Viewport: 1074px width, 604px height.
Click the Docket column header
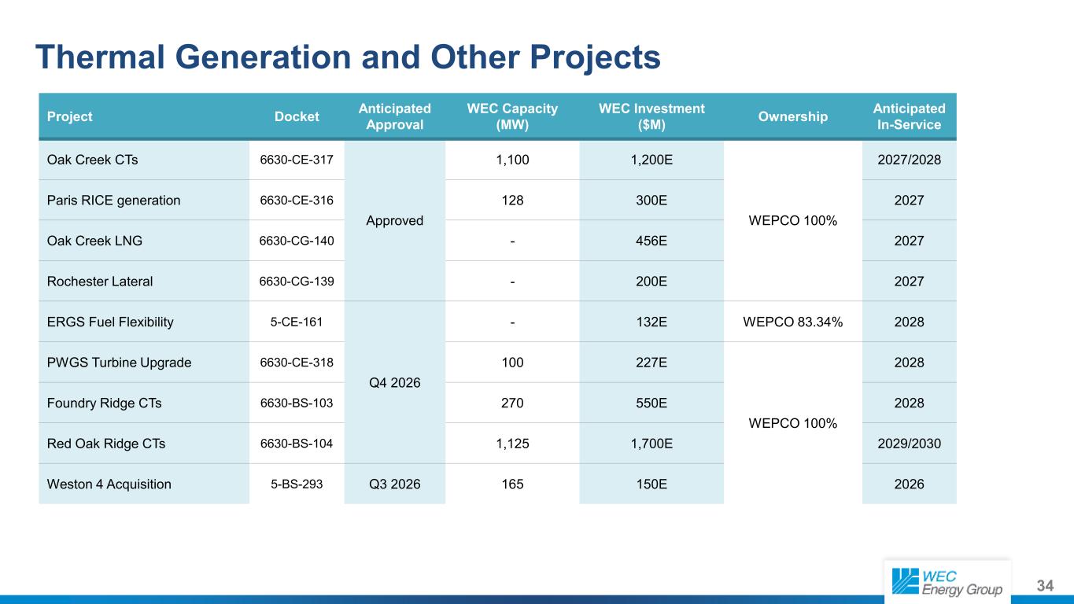297,116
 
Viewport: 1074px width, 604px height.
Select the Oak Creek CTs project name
92,160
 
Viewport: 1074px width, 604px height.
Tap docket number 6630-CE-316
297,201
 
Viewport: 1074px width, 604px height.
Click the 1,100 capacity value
512,160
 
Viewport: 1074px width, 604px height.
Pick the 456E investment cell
651,241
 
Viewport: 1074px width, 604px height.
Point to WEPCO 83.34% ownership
792,322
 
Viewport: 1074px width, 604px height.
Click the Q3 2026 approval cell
395,484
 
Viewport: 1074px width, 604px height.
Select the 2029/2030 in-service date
909,444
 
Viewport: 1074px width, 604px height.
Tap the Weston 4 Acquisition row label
109,484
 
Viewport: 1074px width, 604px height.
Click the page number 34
1045,585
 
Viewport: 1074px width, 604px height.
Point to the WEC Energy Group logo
947,582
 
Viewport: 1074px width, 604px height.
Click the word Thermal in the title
100,57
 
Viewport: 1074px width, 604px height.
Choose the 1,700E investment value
651,444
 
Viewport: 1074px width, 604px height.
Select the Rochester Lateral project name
100,282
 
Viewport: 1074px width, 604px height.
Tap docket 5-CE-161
297,322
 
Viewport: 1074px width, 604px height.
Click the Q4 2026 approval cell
395,382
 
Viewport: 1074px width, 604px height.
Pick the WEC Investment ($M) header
651,116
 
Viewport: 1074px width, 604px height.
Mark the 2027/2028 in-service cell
909,160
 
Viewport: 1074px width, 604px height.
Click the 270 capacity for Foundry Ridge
512,403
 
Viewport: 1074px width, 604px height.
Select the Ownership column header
792,116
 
